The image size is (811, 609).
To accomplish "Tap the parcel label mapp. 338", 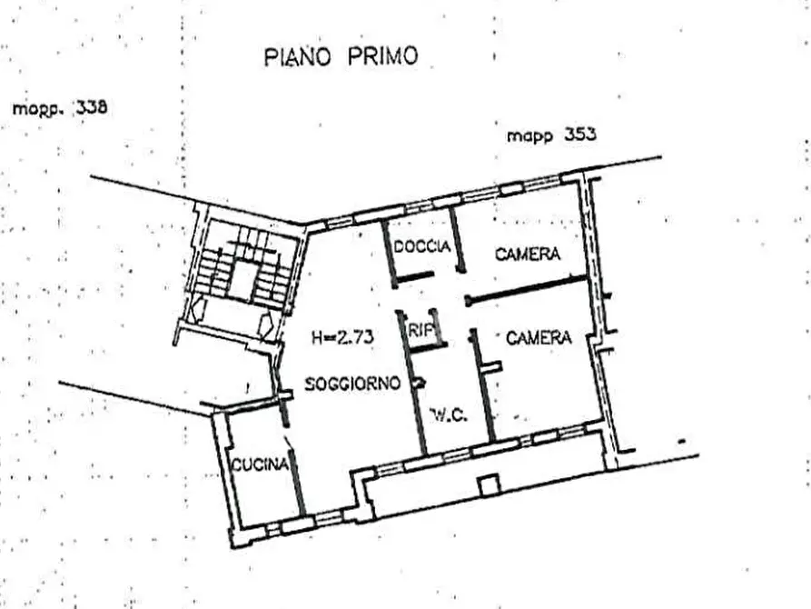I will tap(60, 108).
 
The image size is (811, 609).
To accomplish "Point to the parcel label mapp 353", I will tap(551, 135).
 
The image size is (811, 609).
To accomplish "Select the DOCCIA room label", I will tap(421, 246).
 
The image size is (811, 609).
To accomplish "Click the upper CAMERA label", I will tap(527, 255).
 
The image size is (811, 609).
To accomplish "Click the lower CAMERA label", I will tap(539, 338).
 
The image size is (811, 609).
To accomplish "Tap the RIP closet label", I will tap(421, 331).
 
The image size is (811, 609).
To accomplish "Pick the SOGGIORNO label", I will tap(352, 384).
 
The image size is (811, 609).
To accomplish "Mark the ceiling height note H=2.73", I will tap(342, 338).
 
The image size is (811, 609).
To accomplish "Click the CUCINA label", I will tap(260, 465).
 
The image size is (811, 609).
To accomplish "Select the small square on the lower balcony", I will tap(490, 486).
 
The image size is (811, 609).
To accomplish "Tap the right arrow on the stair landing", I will tap(267, 324).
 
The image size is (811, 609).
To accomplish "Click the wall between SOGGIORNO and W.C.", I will tap(413, 382).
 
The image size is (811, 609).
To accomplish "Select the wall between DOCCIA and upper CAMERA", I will tap(459, 241).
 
